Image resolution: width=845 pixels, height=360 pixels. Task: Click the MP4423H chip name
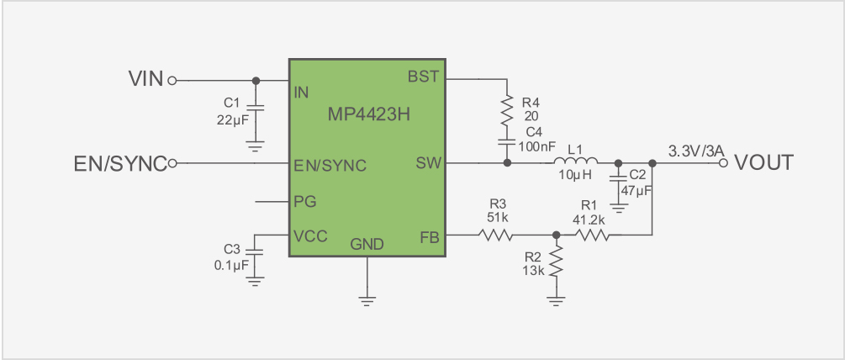369,114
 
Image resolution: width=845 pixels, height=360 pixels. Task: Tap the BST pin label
424,77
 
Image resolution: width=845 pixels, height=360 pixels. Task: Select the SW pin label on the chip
429,162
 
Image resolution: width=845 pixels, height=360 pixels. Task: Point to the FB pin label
430,237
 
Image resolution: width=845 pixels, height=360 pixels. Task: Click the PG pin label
305,202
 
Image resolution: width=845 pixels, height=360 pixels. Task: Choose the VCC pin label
310,236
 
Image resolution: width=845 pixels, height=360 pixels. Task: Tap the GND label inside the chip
367,245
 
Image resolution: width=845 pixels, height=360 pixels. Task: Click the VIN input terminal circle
172,81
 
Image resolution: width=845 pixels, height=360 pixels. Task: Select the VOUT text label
764,162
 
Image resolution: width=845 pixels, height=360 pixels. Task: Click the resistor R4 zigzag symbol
506,110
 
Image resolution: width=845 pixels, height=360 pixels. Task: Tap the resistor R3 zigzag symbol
494,235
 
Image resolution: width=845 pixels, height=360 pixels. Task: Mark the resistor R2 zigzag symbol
557,261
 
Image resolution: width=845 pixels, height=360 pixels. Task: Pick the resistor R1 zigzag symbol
594,235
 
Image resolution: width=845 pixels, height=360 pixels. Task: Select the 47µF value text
636,190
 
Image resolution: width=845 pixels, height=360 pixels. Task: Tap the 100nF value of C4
536,145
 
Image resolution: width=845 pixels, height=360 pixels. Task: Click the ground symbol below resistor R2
557,301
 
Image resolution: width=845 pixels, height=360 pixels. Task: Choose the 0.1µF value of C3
232,265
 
